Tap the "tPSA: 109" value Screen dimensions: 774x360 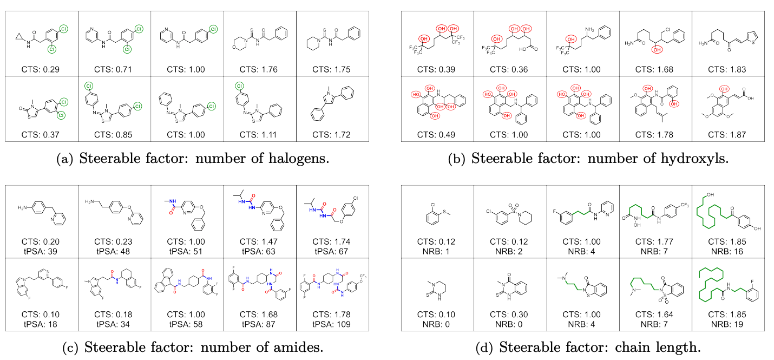pos(333,325)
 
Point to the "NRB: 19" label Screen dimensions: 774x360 pos(728,325)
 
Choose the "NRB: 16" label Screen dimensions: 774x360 pos(728,252)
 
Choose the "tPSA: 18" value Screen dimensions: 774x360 pos(42,325)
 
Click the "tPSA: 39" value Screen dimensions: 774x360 pos(42,252)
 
